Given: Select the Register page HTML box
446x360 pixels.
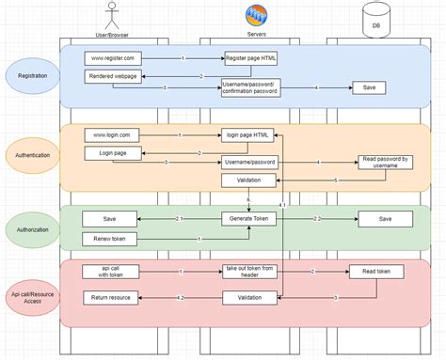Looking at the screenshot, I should click(x=250, y=58).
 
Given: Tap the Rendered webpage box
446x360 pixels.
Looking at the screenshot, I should click(x=112, y=75).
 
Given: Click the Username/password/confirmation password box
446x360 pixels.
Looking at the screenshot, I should click(x=250, y=87).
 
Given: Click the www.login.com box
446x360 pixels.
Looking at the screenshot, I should click(x=112, y=135).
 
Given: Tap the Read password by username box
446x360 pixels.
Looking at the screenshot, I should click(x=383, y=163).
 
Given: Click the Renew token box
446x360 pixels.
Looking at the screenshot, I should click(x=111, y=239).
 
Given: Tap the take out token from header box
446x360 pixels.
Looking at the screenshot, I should click(x=249, y=273).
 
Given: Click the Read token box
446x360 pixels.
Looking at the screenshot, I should click(x=376, y=273).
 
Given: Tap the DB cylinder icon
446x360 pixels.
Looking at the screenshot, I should click(x=375, y=19).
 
